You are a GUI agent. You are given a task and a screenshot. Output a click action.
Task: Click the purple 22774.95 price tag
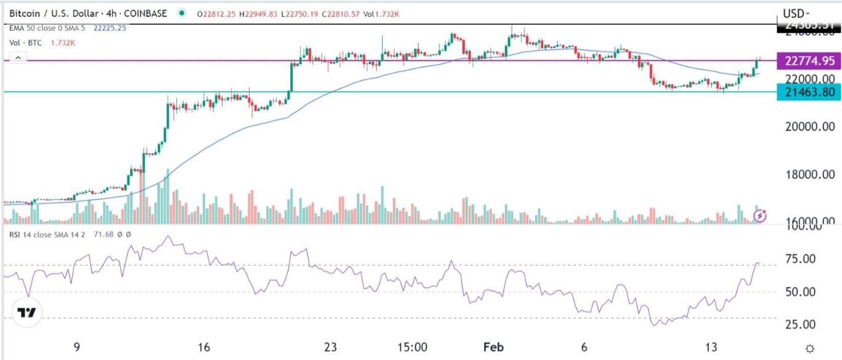(810, 60)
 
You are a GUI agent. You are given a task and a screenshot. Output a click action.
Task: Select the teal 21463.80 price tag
(810, 92)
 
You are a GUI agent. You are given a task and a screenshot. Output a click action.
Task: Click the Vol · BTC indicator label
(24, 43)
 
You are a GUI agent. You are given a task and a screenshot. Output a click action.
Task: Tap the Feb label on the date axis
(495, 347)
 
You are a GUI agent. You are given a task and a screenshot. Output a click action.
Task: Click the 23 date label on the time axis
(330, 347)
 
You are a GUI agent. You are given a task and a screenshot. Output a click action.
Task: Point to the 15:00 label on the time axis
(413, 347)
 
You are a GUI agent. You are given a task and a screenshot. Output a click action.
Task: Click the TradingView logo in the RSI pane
(26, 313)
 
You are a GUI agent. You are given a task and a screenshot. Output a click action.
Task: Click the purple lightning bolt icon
(761, 216)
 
